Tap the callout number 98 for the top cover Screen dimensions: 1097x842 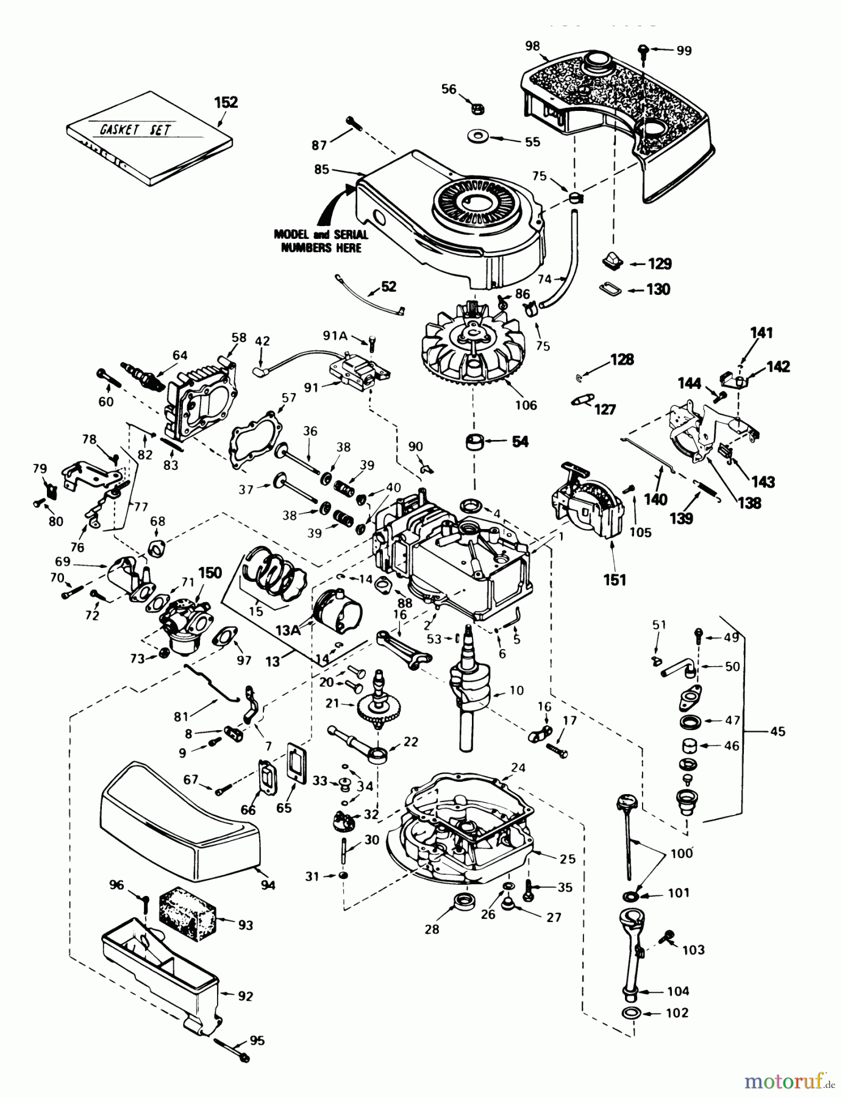click(532, 46)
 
